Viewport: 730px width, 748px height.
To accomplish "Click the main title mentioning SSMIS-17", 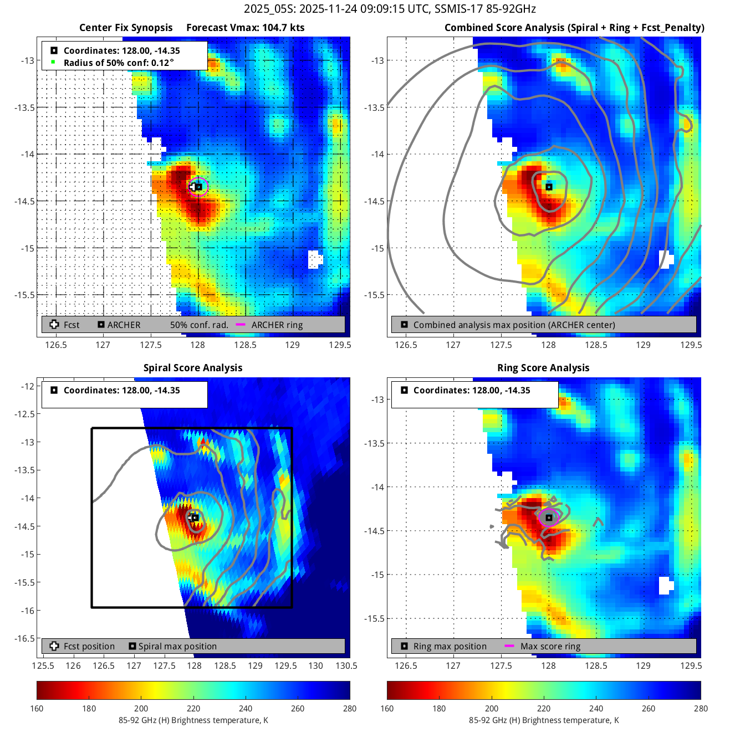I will (390, 9).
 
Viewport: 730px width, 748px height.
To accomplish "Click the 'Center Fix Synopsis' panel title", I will (126, 28).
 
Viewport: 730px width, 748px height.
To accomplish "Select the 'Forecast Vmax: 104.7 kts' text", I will (245, 28).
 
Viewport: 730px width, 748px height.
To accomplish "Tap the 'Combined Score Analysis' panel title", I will (574, 28).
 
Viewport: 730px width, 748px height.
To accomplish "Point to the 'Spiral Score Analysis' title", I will (193, 368).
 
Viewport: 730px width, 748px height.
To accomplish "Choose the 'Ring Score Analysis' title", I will (543, 368).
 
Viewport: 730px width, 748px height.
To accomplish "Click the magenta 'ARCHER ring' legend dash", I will (241, 325).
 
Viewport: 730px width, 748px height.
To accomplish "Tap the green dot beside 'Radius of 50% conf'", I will (53, 62).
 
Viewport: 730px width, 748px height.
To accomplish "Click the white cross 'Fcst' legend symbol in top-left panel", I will (54, 325).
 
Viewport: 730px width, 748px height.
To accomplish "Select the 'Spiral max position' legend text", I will (177, 646).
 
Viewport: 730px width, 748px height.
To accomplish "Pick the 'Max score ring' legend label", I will (550, 646).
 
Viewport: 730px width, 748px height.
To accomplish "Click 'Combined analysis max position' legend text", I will (514, 325).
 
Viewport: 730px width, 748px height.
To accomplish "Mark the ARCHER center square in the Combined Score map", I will (549, 187).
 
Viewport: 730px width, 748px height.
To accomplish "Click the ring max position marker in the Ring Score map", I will (549, 518).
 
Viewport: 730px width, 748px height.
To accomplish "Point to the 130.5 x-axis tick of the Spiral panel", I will (346, 666).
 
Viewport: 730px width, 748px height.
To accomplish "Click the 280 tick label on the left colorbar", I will (350, 708).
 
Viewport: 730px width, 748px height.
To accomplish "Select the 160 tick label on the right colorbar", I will (387, 708).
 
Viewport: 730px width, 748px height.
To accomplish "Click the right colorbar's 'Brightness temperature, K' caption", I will (544, 720).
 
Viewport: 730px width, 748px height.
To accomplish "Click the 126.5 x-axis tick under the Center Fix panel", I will (55, 345).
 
